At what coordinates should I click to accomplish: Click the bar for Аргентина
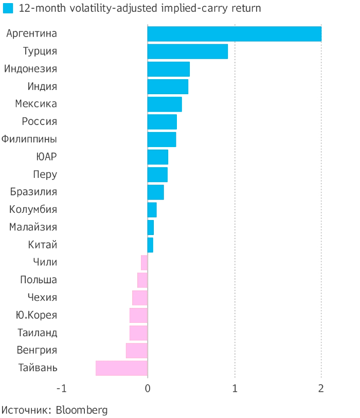(x=234, y=33)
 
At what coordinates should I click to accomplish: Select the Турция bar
(x=187, y=51)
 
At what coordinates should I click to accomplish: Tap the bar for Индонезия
(x=168, y=69)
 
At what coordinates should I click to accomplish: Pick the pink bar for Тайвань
(x=121, y=368)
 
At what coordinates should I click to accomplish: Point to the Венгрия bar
(x=137, y=351)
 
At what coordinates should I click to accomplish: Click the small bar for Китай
(x=150, y=245)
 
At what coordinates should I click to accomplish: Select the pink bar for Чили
(x=145, y=263)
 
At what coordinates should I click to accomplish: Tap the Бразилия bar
(x=155, y=192)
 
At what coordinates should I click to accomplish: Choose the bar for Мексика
(x=165, y=104)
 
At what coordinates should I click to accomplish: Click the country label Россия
(x=40, y=122)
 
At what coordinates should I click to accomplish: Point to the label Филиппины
(x=29, y=139)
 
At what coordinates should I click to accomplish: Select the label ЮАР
(x=46, y=157)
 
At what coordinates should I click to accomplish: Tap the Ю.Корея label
(x=37, y=315)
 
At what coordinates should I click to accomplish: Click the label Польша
(x=39, y=280)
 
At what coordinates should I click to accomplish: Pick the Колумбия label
(x=33, y=210)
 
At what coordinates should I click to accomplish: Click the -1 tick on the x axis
(x=61, y=388)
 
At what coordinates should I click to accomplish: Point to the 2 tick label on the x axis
(x=321, y=388)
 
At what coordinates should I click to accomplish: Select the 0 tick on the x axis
(x=148, y=388)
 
